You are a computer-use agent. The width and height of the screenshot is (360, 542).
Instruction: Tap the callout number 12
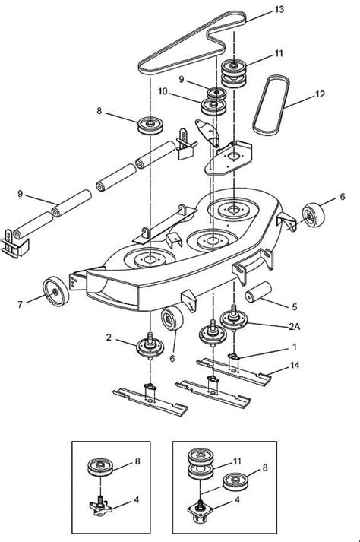(318, 96)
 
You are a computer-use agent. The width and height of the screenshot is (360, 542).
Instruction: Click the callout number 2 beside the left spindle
(109, 336)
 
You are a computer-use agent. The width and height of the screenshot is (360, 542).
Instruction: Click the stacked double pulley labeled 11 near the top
(235, 73)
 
